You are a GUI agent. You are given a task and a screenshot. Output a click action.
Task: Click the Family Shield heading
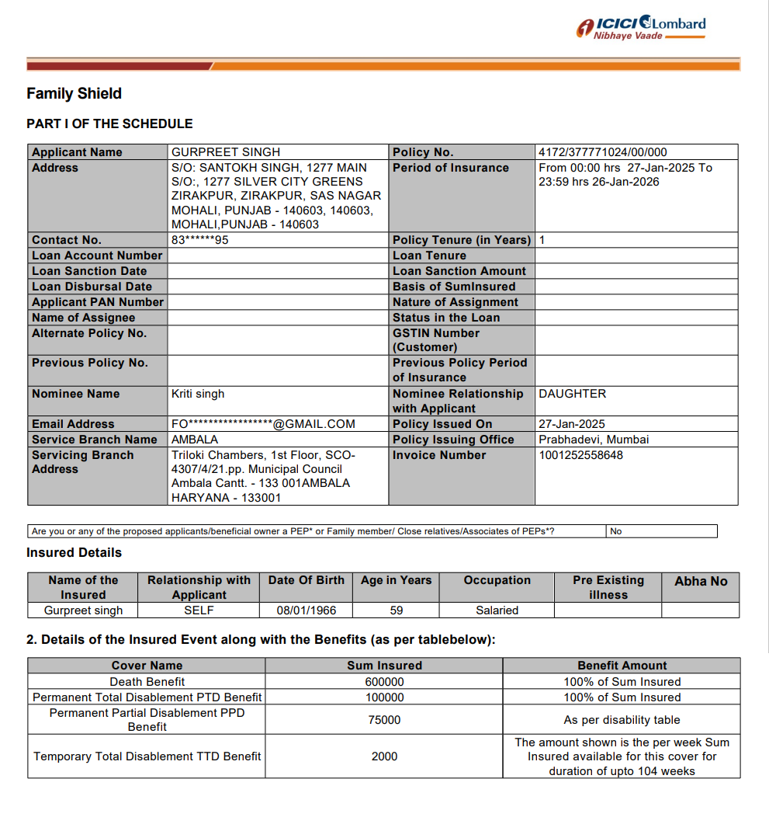pos(74,94)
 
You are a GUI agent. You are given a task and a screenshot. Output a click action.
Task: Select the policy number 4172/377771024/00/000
pos(602,152)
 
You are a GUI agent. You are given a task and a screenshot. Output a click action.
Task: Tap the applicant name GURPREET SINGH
pos(226,152)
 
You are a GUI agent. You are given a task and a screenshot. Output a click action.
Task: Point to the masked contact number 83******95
pos(200,240)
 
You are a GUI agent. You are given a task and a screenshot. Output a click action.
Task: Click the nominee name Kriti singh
pos(198,394)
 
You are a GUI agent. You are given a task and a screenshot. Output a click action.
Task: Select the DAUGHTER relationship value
pos(572,394)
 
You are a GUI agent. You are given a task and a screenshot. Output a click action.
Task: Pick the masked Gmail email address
pos(263,424)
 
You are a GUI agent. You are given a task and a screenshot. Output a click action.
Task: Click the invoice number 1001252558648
pos(580,455)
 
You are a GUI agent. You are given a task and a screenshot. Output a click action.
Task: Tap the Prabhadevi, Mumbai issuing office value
pos(594,440)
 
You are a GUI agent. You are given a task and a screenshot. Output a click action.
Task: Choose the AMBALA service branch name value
pos(195,440)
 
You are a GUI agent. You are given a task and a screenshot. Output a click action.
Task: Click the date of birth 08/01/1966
pos(307,610)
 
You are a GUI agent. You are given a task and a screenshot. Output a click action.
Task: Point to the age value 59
pos(397,610)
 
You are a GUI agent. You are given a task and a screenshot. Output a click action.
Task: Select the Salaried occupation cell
pos(497,610)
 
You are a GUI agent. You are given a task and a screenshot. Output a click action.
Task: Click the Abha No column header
pos(701,581)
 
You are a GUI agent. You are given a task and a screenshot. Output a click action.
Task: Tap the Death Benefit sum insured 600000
pos(384,682)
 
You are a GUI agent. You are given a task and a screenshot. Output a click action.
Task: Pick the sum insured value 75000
pos(384,720)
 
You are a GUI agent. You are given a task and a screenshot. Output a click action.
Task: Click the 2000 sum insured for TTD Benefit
pos(384,756)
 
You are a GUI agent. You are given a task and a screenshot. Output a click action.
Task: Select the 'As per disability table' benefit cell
pos(622,720)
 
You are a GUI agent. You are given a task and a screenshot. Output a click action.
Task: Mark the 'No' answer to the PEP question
pos(616,531)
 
